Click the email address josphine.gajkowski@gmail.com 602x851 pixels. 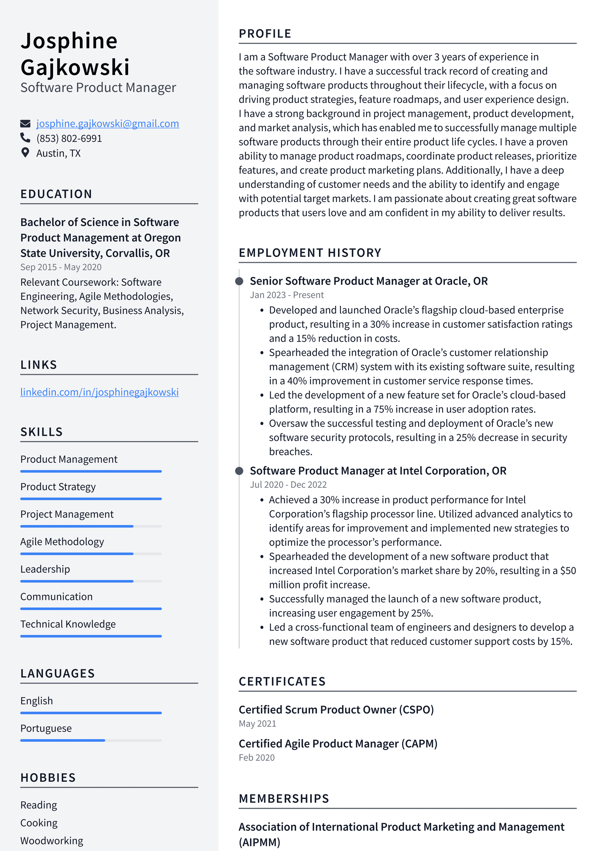(x=108, y=124)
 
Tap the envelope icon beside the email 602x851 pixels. (x=25, y=124)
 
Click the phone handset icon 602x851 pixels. (x=25, y=138)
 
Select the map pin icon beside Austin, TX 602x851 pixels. (x=25, y=153)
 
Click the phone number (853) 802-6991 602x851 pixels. (x=69, y=138)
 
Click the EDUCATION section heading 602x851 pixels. (x=56, y=194)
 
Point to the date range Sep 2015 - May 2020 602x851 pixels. (x=61, y=267)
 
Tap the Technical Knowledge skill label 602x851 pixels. (x=68, y=624)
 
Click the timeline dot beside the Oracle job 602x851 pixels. (x=240, y=281)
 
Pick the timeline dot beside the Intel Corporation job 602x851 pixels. (x=240, y=471)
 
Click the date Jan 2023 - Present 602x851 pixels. (x=287, y=295)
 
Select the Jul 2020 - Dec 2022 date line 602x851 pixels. (x=288, y=484)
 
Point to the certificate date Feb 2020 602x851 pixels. (x=256, y=758)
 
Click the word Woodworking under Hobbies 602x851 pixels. (x=51, y=841)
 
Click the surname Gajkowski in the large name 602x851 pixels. (x=75, y=67)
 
